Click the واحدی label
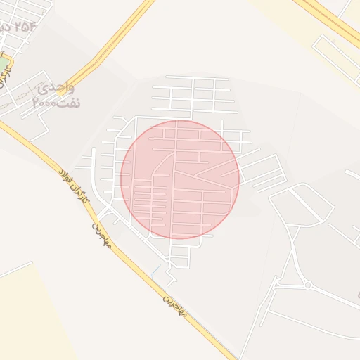[56, 88]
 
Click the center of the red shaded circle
[180, 179]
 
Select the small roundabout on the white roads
[307, 285]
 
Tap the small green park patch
[4, 66]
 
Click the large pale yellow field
[35, 316]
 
